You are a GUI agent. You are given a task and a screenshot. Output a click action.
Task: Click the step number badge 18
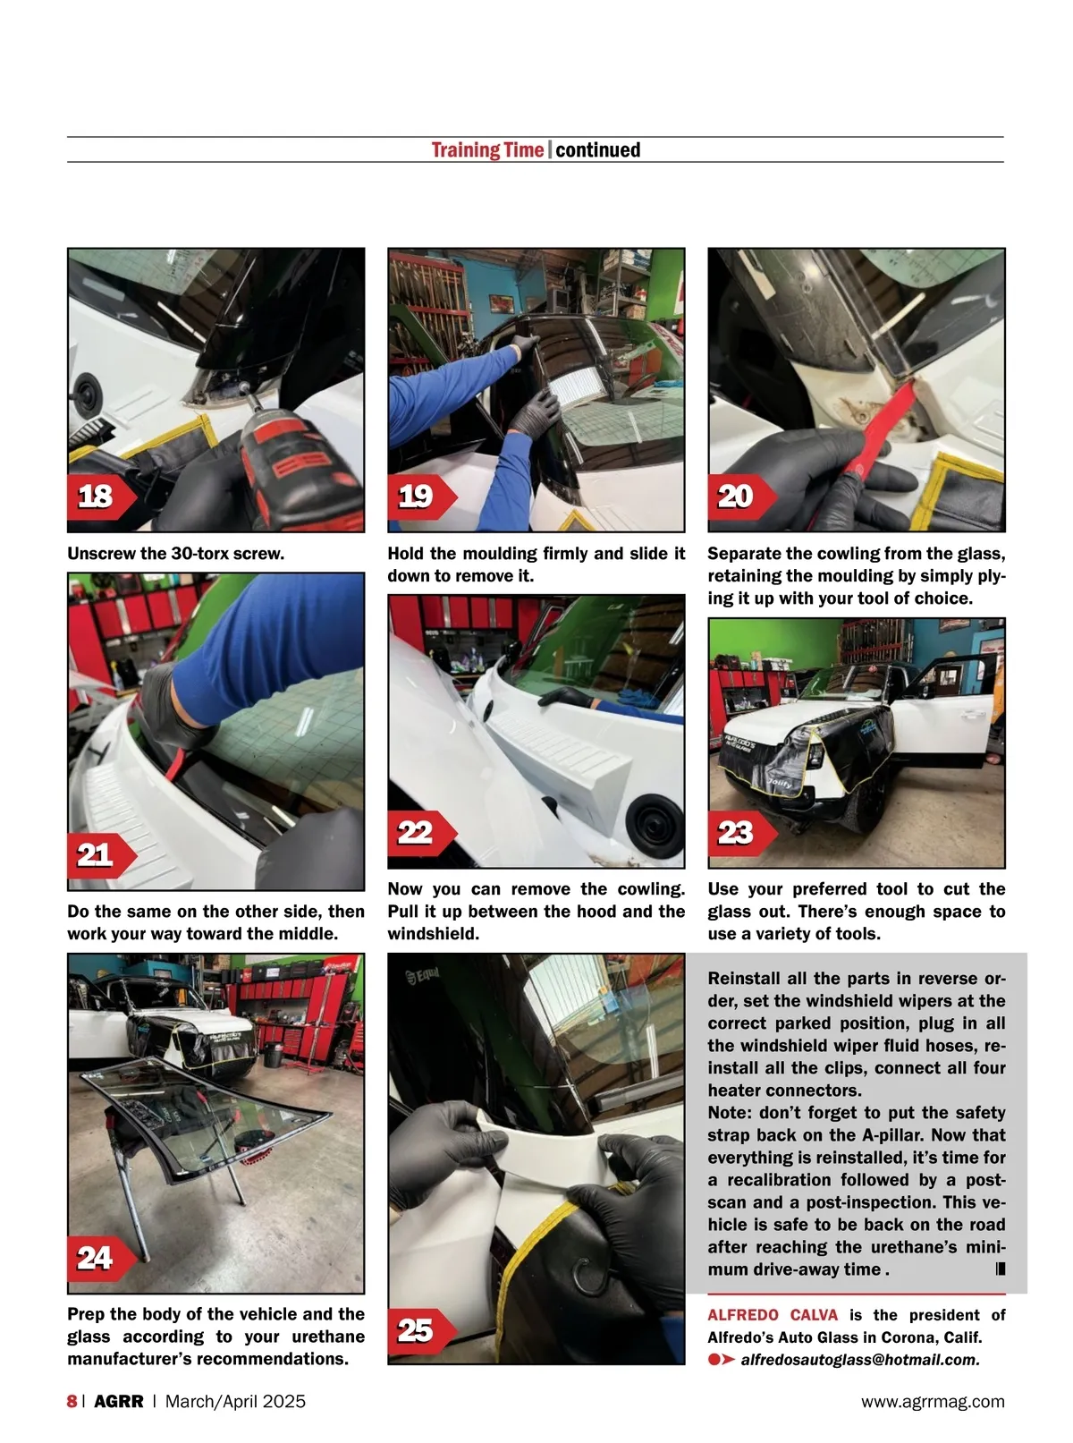(101, 497)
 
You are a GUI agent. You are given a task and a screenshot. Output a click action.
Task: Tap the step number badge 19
(422, 497)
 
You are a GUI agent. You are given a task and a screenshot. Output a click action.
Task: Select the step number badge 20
(742, 497)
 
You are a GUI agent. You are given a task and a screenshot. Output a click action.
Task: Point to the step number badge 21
(101, 855)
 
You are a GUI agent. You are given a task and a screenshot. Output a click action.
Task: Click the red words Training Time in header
(487, 150)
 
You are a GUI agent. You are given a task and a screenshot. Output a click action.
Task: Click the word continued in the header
(597, 150)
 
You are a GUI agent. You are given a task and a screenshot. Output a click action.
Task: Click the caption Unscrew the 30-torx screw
(176, 554)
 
